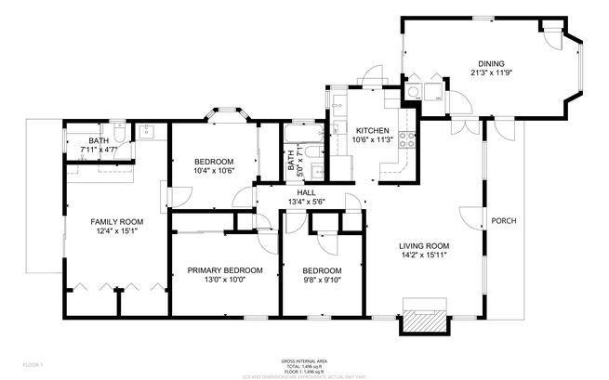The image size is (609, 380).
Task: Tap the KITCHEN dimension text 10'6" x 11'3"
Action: pos(372,140)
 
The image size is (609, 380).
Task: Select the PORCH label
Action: pos(503,220)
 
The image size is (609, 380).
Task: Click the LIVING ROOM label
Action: pos(424,245)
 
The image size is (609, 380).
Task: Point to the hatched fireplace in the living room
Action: pos(425,319)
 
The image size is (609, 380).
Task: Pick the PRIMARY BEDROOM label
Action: pos(225,270)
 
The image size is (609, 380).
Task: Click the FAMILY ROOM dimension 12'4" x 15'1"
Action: pos(116,230)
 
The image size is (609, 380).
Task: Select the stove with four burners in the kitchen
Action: pos(406,140)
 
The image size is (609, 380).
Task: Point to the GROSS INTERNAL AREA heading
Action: pos(304,360)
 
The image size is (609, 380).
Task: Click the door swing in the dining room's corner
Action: pos(552,37)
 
